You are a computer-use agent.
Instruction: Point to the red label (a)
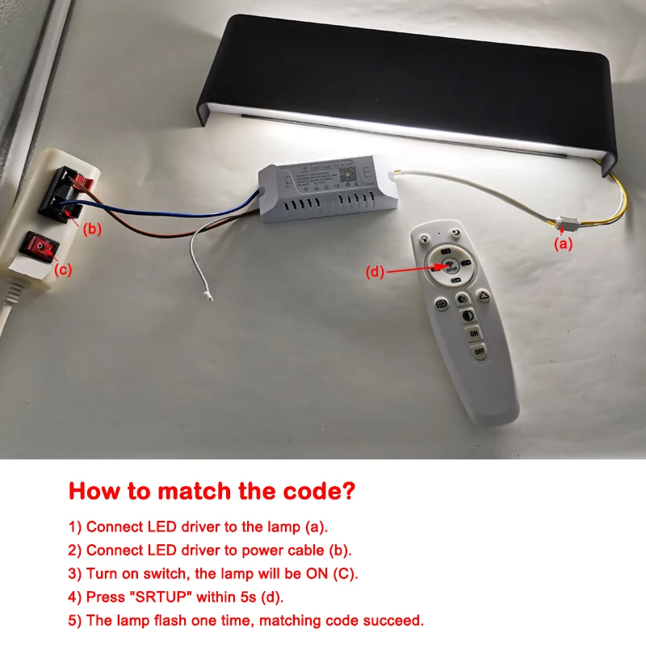(x=563, y=243)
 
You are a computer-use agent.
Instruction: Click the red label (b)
(x=93, y=229)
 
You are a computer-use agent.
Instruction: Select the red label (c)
(x=63, y=271)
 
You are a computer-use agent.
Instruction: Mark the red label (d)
(x=375, y=272)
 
